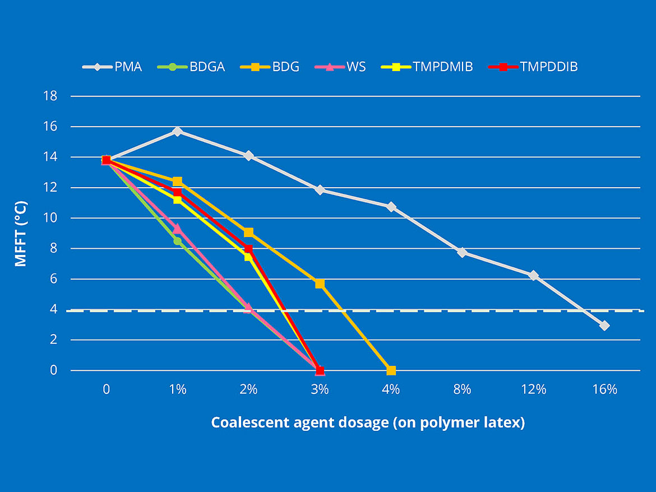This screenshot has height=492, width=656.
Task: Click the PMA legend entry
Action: [112, 67]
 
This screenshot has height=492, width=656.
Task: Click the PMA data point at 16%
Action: [604, 326]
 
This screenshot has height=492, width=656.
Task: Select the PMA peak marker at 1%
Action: [177, 131]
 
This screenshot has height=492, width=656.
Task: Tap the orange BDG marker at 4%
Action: [391, 370]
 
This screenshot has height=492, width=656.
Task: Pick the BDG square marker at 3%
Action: [320, 284]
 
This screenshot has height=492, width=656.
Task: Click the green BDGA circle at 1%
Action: [177, 241]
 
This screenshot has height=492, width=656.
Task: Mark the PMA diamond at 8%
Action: [462, 252]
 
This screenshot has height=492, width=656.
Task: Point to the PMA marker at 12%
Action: [533, 275]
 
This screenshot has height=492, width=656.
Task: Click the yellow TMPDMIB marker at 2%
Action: [248, 257]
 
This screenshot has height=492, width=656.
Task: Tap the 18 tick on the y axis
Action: [50, 96]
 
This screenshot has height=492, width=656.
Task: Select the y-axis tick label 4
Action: [53, 309]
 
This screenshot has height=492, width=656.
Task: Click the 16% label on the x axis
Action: [604, 389]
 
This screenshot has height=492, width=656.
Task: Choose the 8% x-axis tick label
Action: [462, 389]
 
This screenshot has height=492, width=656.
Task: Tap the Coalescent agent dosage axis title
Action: [368, 423]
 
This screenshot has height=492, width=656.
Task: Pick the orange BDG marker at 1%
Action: [177, 182]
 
